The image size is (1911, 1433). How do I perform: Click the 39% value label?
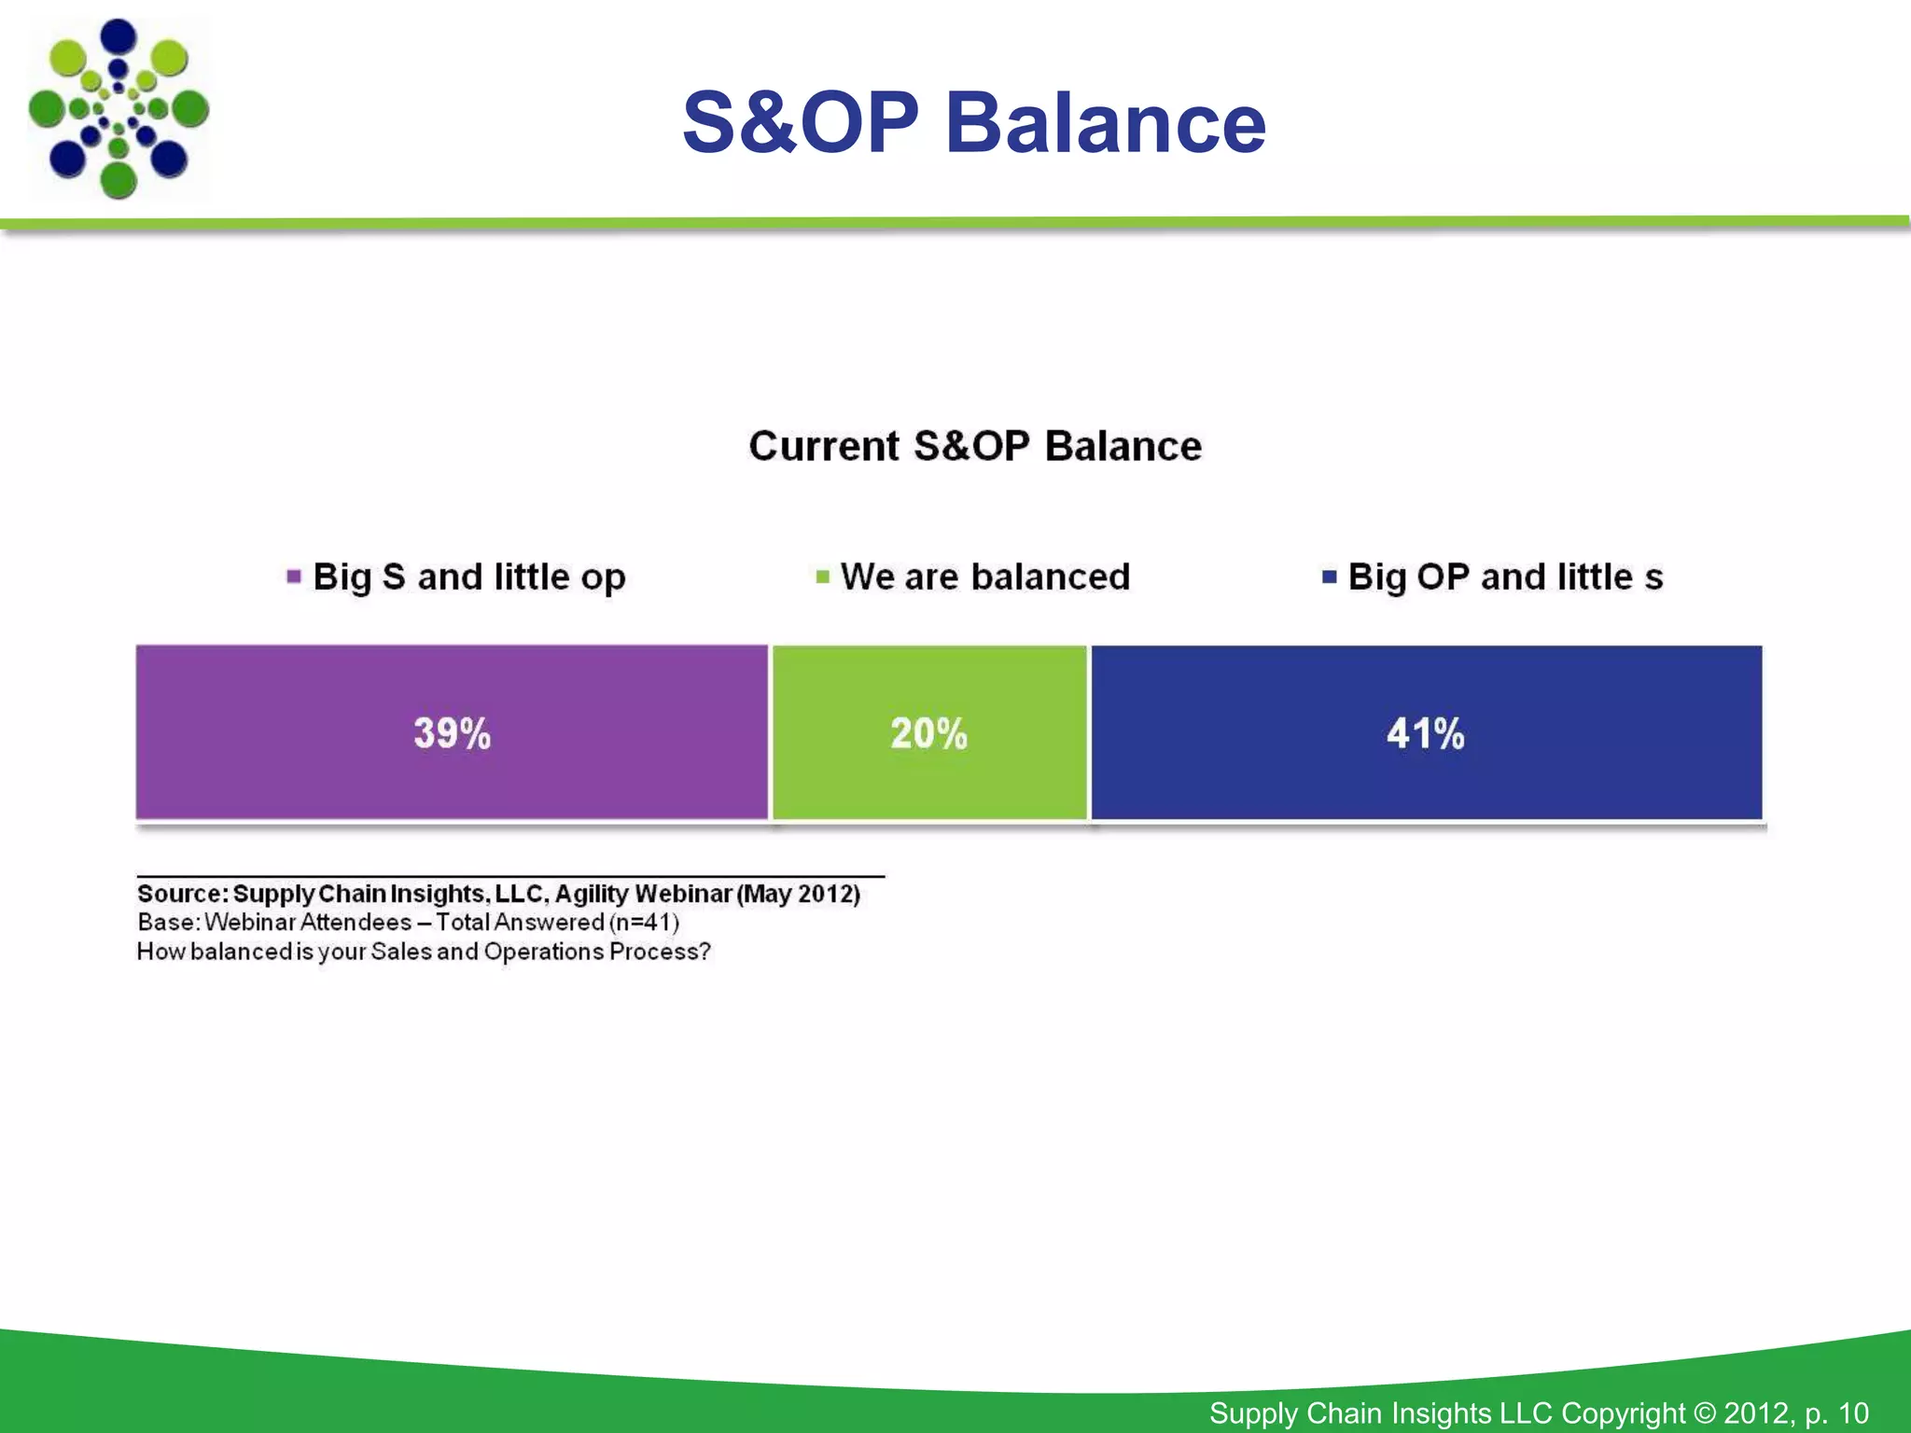click(x=452, y=733)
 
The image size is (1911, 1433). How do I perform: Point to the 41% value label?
click(x=1425, y=733)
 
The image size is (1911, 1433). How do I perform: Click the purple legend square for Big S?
click(x=294, y=577)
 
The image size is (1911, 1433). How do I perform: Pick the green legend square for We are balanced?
click(x=822, y=577)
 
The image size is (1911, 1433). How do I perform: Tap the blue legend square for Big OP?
click(x=1329, y=577)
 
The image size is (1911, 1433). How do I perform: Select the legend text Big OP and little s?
click(x=1505, y=577)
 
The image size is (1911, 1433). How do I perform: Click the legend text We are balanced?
click(x=984, y=577)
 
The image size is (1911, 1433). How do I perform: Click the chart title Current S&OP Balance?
click(x=974, y=446)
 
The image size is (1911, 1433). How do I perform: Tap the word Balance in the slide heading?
click(x=1106, y=123)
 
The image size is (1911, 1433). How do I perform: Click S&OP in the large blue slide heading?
click(x=801, y=123)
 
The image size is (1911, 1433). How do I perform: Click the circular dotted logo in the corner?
click(x=119, y=109)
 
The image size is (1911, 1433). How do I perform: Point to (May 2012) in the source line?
click(x=799, y=894)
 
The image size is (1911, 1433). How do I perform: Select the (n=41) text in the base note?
click(x=644, y=923)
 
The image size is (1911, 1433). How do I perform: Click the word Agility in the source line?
click(x=592, y=894)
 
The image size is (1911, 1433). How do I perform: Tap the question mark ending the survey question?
click(x=704, y=952)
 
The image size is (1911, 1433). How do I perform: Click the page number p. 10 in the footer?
click(x=1837, y=1412)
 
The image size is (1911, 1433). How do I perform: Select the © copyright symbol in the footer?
click(x=1704, y=1412)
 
